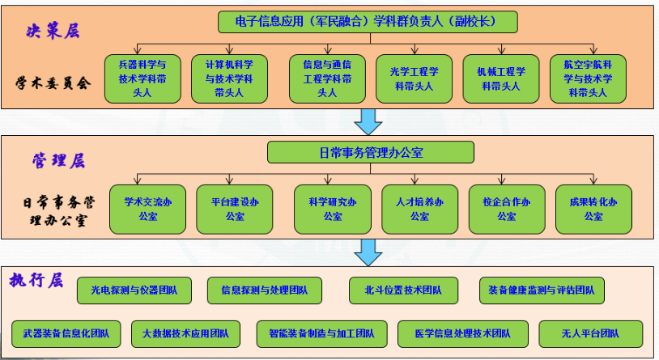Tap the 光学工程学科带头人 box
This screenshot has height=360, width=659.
(x=414, y=78)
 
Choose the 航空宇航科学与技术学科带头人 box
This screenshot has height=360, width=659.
(x=588, y=78)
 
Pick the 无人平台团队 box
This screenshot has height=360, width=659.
(x=590, y=333)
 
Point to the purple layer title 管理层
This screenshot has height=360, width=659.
(x=57, y=160)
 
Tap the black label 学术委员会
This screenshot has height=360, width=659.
(x=53, y=83)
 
